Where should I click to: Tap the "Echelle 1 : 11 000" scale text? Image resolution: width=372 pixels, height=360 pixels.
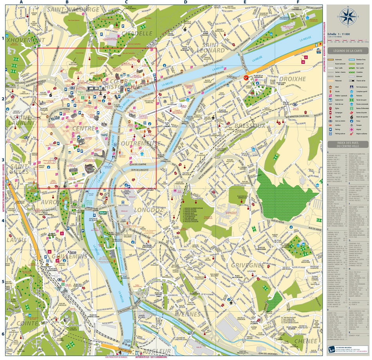[340, 34]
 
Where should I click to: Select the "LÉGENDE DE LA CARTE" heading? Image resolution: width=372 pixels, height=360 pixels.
[348, 51]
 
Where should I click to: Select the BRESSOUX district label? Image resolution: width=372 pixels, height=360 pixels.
[250, 125]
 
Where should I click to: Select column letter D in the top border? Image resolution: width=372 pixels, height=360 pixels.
[186, 2]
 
